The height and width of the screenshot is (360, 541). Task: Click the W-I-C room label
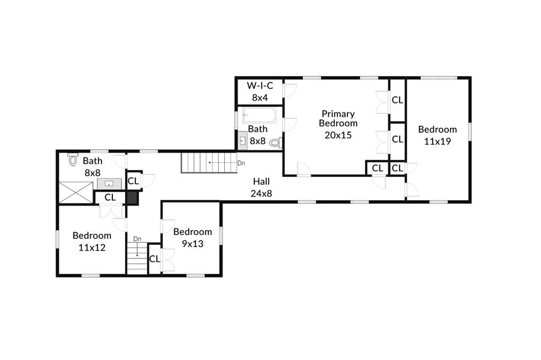(x=260, y=85)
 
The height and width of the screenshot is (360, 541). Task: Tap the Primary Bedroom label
(x=338, y=118)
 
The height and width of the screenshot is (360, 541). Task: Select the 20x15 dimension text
(x=338, y=135)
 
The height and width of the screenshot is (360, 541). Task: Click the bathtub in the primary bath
(x=259, y=115)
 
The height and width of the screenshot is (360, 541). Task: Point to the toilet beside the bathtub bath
(x=276, y=142)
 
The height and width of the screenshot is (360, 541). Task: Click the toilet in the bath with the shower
(x=73, y=159)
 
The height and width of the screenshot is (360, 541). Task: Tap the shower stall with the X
(x=76, y=192)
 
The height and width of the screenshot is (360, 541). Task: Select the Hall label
(x=261, y=182)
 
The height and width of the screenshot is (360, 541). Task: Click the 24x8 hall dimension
(x=261, y=194)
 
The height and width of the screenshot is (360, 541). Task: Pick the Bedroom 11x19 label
(x=438, y=135)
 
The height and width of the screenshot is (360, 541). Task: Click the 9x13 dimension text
(x=192, y=244)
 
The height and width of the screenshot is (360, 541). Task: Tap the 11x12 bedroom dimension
(x=92, y=248)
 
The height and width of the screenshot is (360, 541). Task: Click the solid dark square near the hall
(x=132, y=198)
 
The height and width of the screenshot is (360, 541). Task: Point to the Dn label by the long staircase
(x=241, y=163)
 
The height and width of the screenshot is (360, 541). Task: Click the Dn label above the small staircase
(x=137, y=239)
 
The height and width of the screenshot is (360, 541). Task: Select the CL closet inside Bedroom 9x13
(x=154, y=258)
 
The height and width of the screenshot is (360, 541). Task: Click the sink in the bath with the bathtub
(x=243, y=141)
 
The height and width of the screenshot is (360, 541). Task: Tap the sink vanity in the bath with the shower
(x=109, y=183)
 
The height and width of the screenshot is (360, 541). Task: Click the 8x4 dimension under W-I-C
(x=260, y=97)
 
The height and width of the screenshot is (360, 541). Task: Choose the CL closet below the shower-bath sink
(x=110, y=197)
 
